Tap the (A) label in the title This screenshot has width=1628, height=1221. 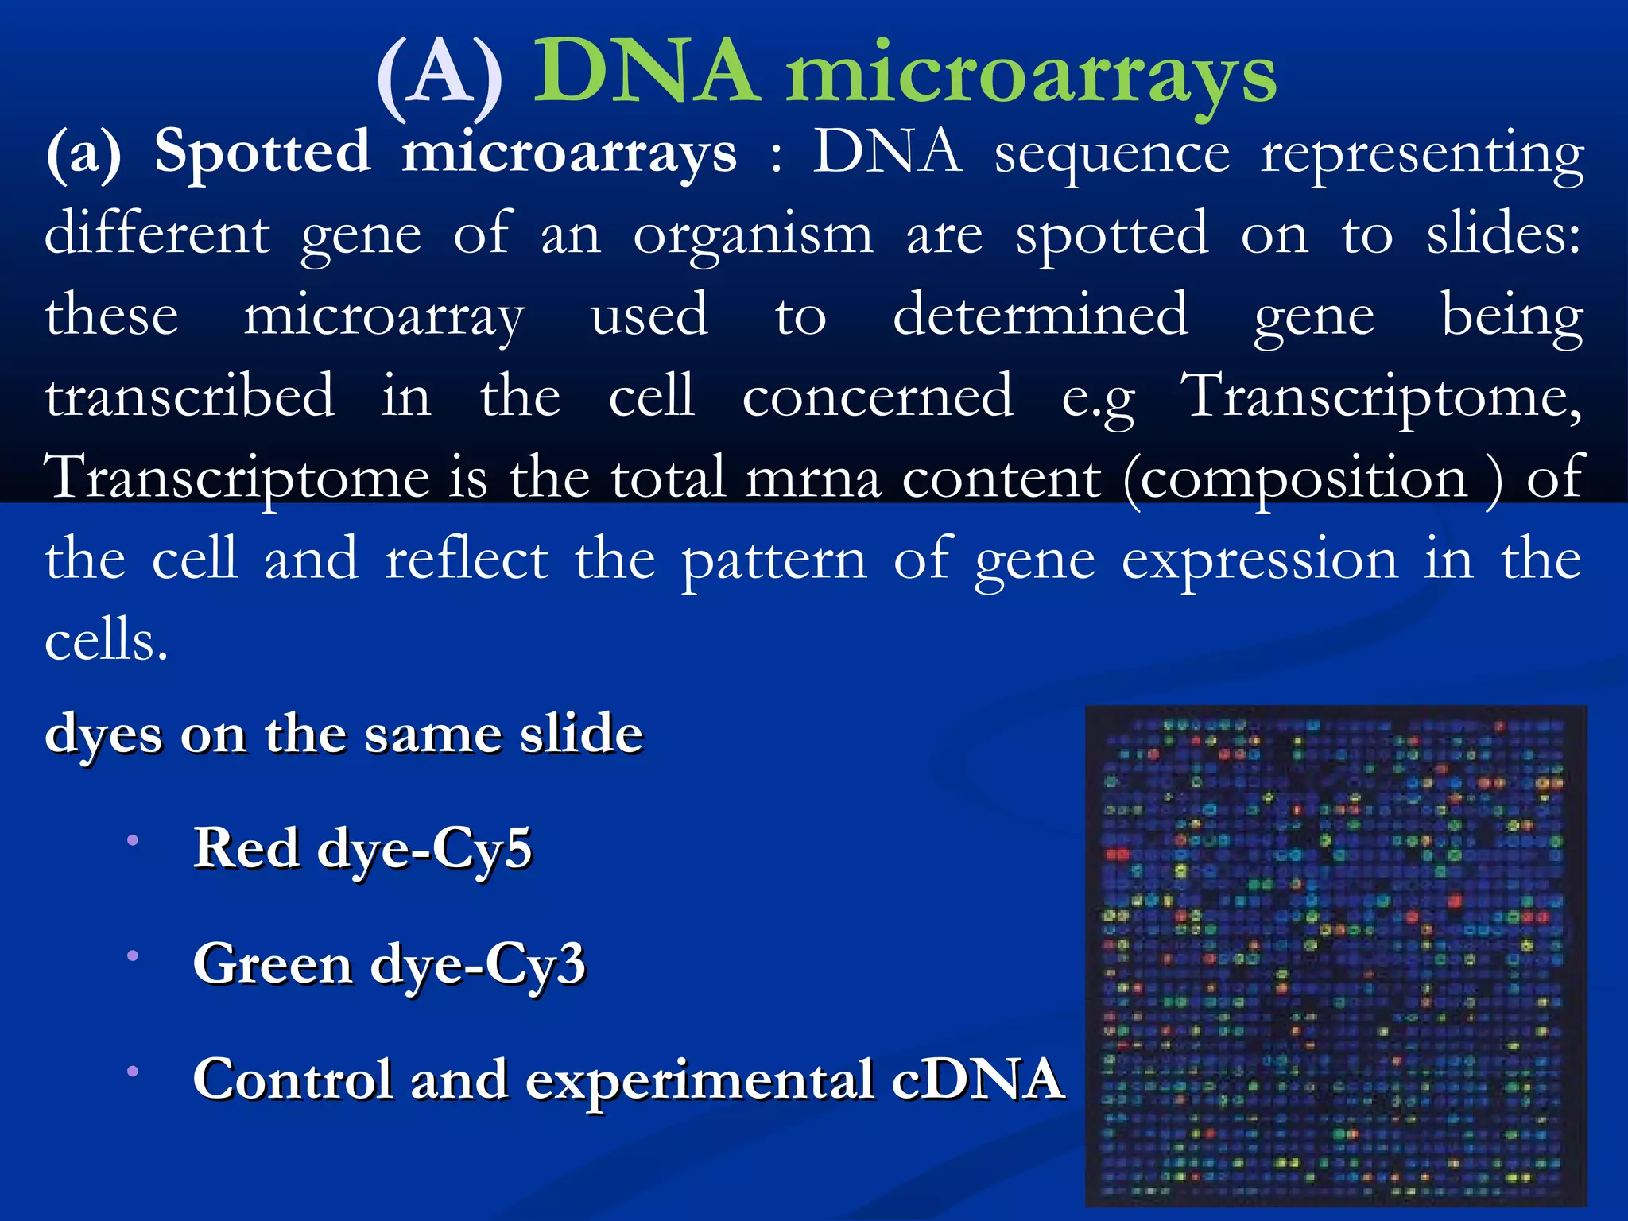coord(440,78)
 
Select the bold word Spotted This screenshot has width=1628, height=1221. coord(262,153)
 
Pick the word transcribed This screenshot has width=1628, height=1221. coord(189,396)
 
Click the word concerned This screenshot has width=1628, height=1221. coord(878,396)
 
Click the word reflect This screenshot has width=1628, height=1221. coord(467,560)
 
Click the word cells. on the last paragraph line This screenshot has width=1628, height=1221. coord(106,641)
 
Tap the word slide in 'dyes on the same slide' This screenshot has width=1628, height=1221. coord(581,734)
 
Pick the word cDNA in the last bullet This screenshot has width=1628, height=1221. coord(978,1080)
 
